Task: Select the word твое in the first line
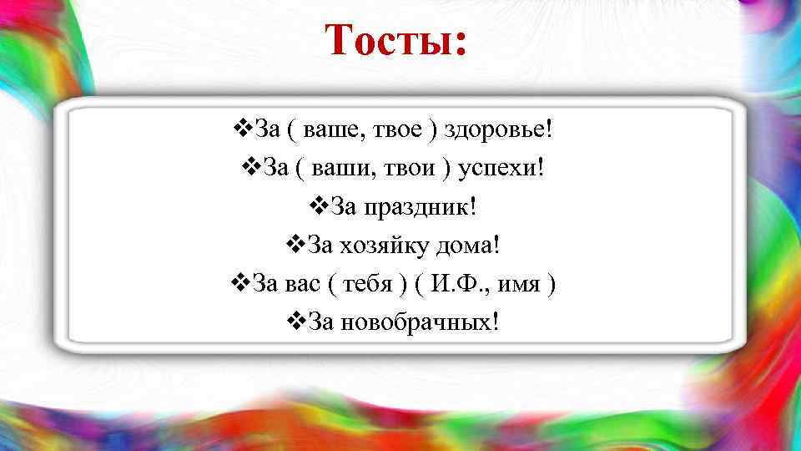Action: tap(400, 131)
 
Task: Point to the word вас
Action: tap(304, 285)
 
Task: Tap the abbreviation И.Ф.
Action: tap(459, 285)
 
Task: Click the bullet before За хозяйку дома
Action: tap(295, 246)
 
